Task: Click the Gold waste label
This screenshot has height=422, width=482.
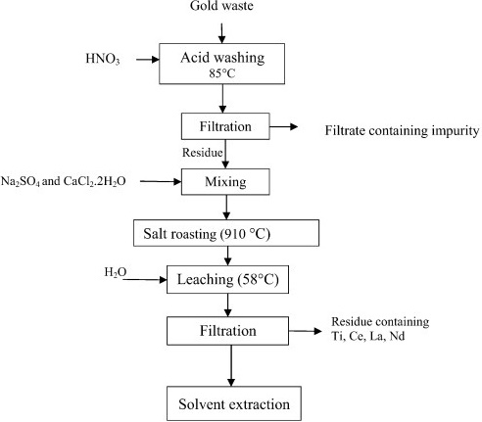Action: click(x=221, y=6)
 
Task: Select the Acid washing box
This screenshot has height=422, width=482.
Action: click(x=221, y=64)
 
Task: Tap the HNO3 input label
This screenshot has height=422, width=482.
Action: click(x=103, y=59)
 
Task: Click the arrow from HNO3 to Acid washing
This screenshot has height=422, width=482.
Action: click(x=148, y=60)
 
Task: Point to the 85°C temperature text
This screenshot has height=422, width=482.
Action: click(x=222, y=73)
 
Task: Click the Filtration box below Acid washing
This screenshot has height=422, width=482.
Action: click(x=225, y=126)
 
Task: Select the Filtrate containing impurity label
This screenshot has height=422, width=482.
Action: click(x=402, y=131)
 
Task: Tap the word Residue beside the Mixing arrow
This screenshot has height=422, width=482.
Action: click(x=203, y=153)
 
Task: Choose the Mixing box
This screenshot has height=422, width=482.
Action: click(x=225, y=182)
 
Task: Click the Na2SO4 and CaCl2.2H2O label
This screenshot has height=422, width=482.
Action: click(x=64, y=181)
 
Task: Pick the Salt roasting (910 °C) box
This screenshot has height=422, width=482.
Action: click(x=226, y=233)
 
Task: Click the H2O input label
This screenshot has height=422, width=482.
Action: click(x=116, y=272)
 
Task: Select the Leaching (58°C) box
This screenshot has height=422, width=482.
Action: click(x=227, y=279)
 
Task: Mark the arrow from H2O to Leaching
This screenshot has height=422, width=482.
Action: click(x=145, y=280)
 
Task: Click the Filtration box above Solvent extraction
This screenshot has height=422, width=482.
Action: click(x=227, y=331)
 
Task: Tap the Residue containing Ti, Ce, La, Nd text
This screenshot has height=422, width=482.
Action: click(x=380, y=329)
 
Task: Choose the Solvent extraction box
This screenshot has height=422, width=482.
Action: click(x=234, y=403)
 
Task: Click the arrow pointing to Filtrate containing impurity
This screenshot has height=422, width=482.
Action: click(x=284, y=126)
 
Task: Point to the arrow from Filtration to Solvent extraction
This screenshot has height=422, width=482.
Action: click(x=231, y=366)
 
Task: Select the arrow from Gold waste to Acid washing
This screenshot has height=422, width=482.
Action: click(x=222, y=33)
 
